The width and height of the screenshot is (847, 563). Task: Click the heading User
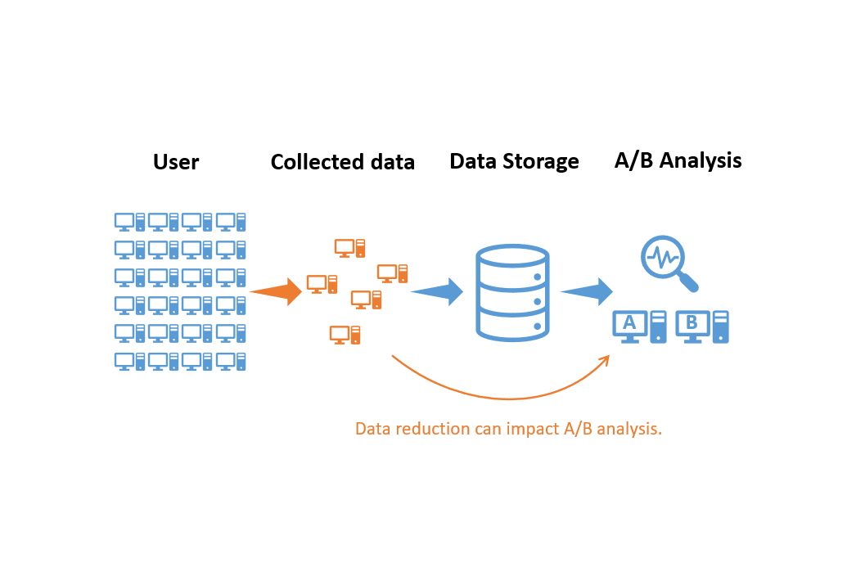[x=176, y=162]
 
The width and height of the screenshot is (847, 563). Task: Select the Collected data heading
[x=342, y=162]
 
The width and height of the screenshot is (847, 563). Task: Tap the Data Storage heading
[x=514, y=161]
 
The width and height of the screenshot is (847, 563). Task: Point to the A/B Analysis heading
[x=678, y=160]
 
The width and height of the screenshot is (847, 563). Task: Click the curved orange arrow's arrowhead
[x=606, y=359]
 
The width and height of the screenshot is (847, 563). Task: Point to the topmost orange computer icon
[x=349, y=247]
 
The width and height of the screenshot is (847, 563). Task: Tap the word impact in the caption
[x=536, y=429]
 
